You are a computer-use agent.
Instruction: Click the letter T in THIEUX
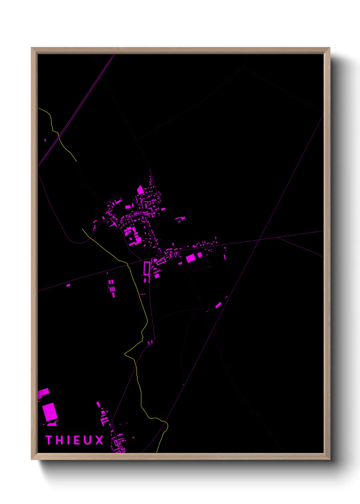point(49,440)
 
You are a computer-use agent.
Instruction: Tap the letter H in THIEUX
point(59,440)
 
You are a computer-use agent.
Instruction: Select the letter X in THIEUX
point(99,440)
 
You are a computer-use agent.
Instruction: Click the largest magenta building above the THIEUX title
point(50,412)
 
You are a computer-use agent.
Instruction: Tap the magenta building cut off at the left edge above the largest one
point(43,393)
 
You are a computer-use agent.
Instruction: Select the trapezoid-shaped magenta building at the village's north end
point(140,190)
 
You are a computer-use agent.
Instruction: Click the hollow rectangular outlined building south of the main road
point(147,268)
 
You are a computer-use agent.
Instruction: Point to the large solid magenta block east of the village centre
point(191,258)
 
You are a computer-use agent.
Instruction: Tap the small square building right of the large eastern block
point(200,255)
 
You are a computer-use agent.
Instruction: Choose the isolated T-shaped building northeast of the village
point(180,219)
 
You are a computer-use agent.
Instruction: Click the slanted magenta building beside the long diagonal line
point(218,305)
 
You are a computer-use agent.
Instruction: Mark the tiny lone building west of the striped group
point(68,285)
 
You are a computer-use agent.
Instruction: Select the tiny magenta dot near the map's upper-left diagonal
point(45,140)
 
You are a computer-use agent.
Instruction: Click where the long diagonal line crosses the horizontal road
point(259,240)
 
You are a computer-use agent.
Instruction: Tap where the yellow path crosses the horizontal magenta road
point(127,264)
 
